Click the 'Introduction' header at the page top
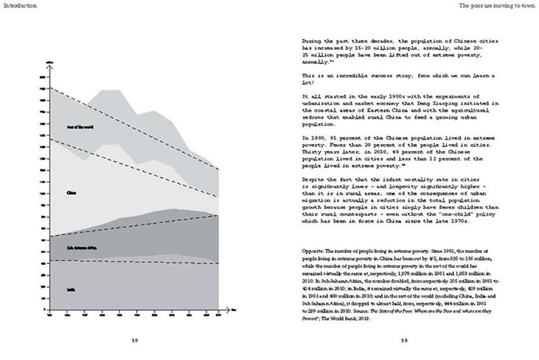coord(19,5)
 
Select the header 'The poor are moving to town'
coord(498,5)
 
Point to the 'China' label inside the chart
coord(71,193)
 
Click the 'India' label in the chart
coord(71,290)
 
